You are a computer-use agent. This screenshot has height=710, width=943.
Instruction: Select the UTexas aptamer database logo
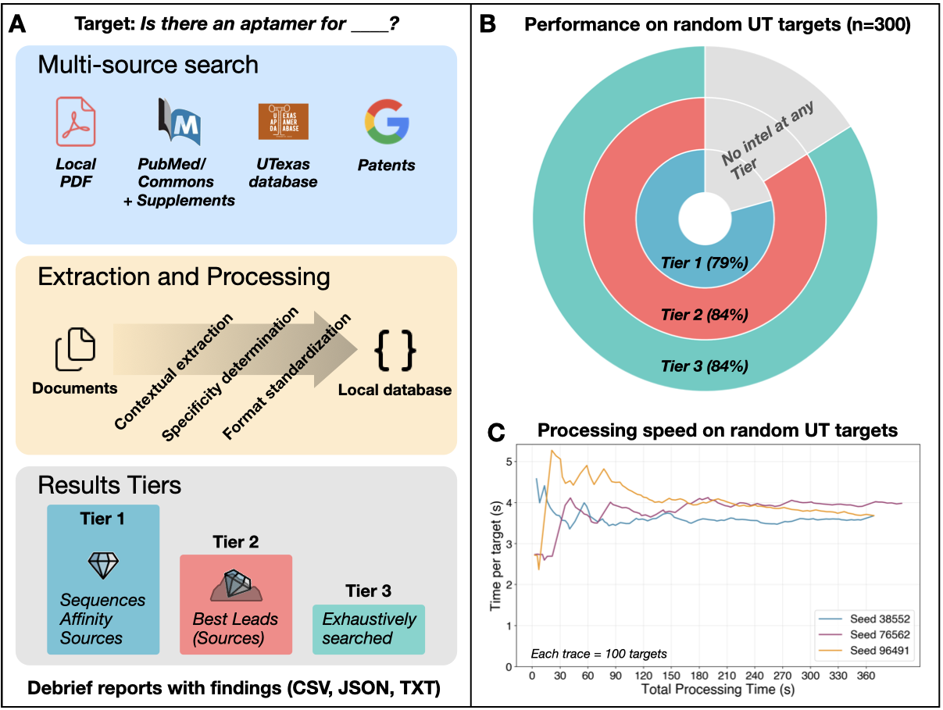[x=283, y=122]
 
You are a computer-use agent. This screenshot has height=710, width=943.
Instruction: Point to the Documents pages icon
[x=75, y=350]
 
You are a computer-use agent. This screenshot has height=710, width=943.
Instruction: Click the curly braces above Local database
[x=395, y=349]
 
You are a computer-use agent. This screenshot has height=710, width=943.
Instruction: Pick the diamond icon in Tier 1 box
[x=102, y=564]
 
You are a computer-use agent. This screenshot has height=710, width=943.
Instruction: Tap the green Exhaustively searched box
[x=369, y=630]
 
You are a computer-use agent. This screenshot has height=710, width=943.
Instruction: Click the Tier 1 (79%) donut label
[x=705, y=264]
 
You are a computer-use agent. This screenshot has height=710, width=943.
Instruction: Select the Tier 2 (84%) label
[x=705, y=315]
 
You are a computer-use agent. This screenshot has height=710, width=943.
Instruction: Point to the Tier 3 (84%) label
[x=705, y=365]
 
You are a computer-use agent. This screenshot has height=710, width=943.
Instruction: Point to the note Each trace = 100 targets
[x=598, y=652]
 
